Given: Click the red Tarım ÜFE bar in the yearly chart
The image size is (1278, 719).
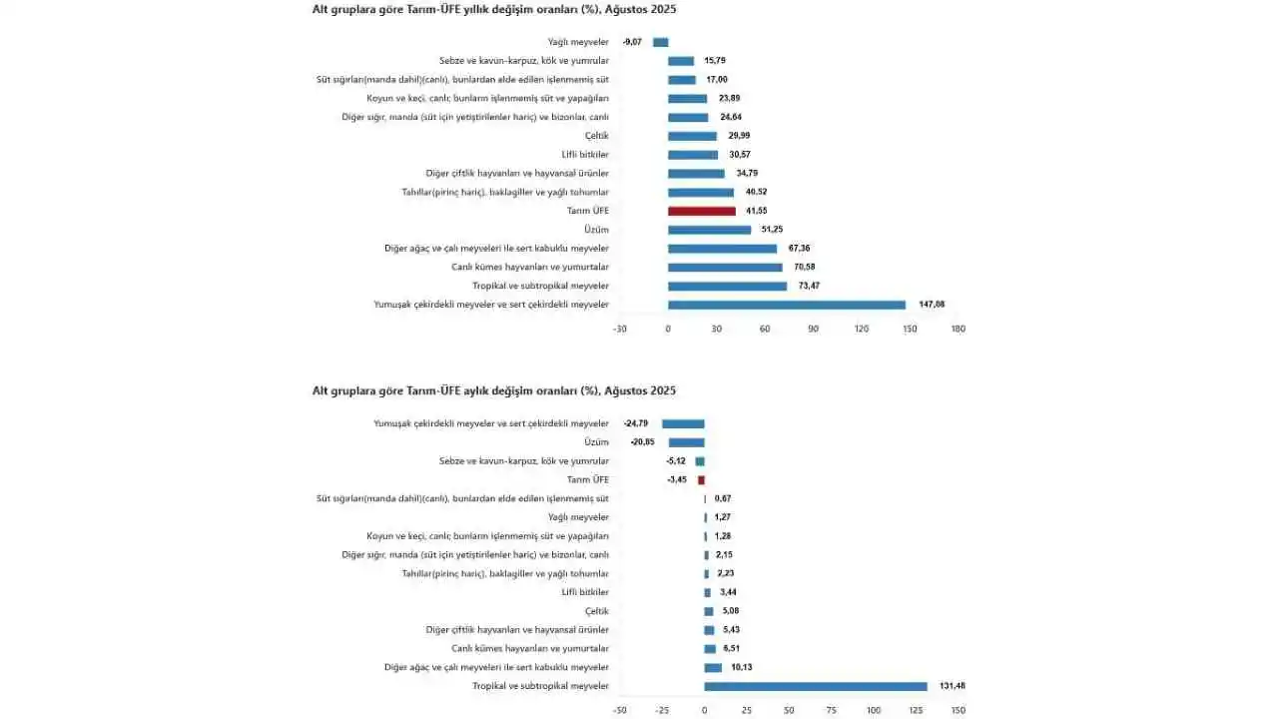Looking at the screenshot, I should tap(701, 211).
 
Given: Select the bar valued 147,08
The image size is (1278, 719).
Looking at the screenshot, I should tap(787, 305).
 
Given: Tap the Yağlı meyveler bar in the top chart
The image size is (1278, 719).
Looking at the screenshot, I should tap(660, 42).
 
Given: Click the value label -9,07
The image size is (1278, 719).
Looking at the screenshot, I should tap(632, 42).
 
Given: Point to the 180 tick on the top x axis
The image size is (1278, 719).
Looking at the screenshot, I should tap(958, 329).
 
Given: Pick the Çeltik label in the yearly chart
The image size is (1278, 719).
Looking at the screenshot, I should tap(596, 136).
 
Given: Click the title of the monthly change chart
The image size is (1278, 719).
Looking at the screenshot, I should tap(494, 390).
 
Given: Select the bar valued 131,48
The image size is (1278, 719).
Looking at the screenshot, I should tap(816, 686).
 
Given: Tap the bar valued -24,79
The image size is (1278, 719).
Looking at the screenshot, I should tap(683, 423).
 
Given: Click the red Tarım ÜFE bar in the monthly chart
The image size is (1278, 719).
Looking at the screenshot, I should tap(701, 480).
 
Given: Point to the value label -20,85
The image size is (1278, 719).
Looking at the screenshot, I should tap(643, 442).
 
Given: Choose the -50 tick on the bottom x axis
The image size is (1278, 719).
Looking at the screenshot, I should tap(620, 710).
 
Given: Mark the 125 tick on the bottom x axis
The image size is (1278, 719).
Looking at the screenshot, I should tap(917, 710).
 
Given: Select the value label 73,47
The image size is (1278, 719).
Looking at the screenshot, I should tap(804, 286).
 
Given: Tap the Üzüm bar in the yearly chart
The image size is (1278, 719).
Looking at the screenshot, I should tap(709, 230).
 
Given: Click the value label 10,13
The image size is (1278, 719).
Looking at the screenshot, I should tap(742, 667).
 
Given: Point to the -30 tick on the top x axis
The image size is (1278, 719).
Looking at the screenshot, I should tap(619, 329).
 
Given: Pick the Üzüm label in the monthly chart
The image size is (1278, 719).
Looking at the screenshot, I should tap(596, 442).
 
